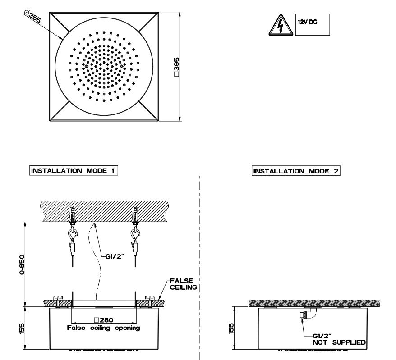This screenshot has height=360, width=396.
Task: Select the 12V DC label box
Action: click(313, 24)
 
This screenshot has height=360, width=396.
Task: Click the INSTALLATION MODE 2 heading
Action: click(296, 171)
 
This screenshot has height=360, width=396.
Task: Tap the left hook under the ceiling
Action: click(72, 236)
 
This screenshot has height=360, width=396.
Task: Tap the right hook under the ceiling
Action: click(134, 236)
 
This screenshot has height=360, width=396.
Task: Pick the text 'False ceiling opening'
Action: click(103, 328)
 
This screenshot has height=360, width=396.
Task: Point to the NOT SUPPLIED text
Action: click(339, 343)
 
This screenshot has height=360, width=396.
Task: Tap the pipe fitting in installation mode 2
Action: click(304, 315)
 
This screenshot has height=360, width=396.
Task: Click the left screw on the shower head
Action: click(86, 67)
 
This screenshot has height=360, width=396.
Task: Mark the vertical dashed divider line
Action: click(200, 270)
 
